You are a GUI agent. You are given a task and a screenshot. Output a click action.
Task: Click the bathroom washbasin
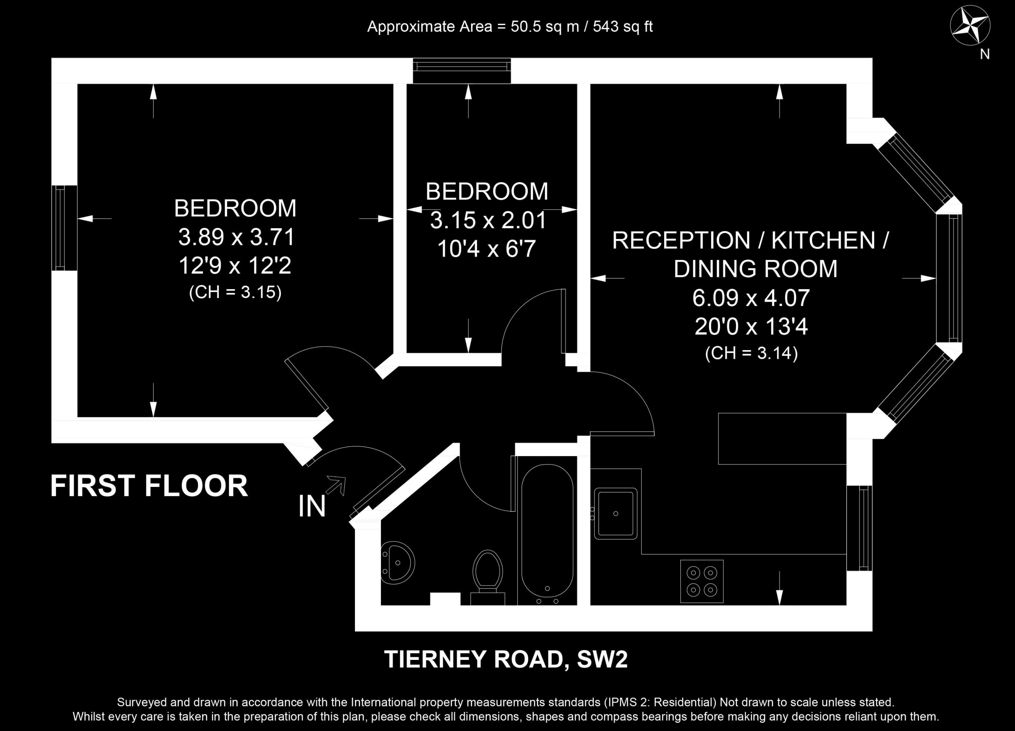point(398,563)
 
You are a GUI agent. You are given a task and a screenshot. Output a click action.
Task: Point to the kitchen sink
point(615,513)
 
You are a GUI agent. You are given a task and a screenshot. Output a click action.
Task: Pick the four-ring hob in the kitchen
point(702,581)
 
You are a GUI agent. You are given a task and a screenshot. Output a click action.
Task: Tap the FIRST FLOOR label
point(149,486)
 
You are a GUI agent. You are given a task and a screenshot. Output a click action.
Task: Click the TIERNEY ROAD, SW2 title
point(506,659)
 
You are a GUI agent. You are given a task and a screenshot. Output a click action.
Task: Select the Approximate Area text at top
point(510,27)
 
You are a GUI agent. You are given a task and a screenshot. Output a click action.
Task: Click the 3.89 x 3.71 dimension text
point(236,237)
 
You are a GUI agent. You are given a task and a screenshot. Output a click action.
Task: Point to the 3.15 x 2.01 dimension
point(488,220)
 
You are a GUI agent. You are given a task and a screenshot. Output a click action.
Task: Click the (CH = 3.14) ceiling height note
point(751,353)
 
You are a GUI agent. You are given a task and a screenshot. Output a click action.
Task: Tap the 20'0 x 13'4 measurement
point(751,326)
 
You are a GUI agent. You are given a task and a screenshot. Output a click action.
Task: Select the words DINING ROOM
point(755,269)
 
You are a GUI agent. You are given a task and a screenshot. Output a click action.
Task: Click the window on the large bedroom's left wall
point(64,228)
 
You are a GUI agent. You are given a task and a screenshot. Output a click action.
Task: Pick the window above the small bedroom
point(461,71)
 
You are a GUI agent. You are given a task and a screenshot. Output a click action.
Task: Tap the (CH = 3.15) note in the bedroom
point(235,293)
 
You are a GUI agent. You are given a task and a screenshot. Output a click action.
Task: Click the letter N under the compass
point(985,54)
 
